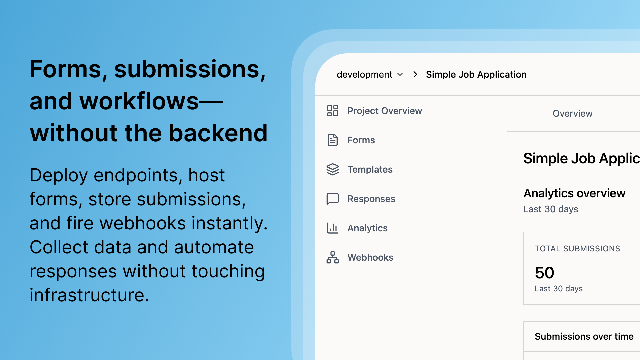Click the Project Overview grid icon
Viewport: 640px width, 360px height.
coord(332,111)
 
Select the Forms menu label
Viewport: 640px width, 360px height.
coord(361,140)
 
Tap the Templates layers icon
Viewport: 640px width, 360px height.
coord(332,169)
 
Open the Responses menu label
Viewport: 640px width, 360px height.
coord(371,199)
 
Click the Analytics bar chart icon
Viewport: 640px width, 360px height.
coord(332,228)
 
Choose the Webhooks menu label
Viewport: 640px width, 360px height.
coord(370,257)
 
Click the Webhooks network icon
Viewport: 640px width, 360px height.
coord(332,257)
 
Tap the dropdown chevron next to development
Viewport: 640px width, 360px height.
coord(400,74)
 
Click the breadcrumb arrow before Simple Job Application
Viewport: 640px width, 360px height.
coord(415,74)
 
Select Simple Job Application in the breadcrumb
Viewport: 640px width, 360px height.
coord(476,74)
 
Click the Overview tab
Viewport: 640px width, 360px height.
coord(572,113)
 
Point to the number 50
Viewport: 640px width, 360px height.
coord(544,273)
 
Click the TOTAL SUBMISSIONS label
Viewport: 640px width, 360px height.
coord(577,249)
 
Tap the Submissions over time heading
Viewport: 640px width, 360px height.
coord(584,336)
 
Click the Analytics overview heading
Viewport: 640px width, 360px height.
coord(574,193)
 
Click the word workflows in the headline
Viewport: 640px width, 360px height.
coord(139,101)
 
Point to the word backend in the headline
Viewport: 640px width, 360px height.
coord(218,133)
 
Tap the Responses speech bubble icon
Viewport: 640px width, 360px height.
coord(332,199)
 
